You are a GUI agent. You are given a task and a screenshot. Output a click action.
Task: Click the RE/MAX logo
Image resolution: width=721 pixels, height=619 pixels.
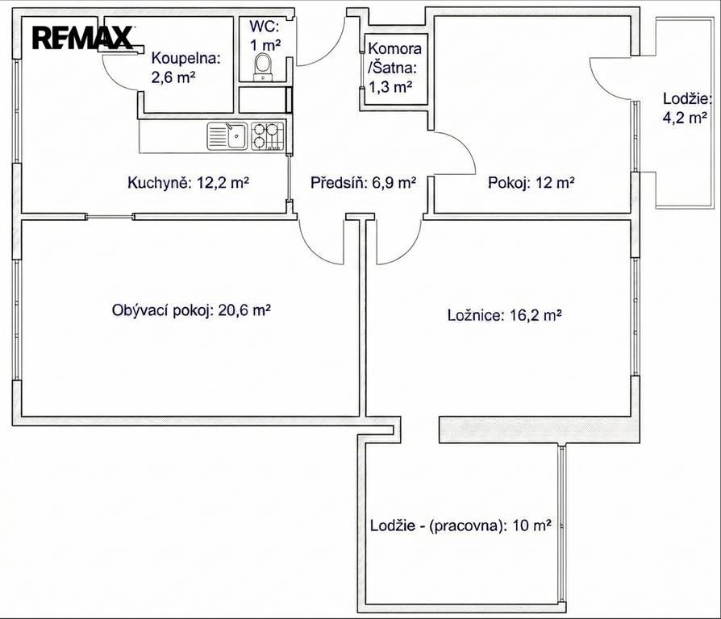coord(83,38)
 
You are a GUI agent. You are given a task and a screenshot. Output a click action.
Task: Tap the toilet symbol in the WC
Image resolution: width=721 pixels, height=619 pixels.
coord(263,67)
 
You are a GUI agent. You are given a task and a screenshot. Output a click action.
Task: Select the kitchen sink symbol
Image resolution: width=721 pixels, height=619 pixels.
coord(227,136)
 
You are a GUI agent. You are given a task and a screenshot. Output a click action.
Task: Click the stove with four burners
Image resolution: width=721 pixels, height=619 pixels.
coord(267,136)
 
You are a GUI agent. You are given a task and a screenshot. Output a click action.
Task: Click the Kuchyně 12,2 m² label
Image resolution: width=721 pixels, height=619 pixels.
coord(189,183)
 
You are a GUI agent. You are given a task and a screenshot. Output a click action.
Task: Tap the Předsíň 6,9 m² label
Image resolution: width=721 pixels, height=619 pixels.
coord(363,183)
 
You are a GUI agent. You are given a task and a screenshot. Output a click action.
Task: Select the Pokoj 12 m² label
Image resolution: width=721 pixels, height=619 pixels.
coord(531,183)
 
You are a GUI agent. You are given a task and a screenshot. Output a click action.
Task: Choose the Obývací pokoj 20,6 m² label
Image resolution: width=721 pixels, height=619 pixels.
coord(191,310)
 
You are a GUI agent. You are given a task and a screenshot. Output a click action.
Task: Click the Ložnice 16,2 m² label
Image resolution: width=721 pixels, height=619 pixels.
coord(504,315)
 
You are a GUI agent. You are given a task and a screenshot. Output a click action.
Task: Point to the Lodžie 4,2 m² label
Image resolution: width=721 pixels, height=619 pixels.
coord(687,109)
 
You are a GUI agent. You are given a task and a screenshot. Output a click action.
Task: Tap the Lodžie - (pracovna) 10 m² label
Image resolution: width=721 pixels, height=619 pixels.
coord(461,525)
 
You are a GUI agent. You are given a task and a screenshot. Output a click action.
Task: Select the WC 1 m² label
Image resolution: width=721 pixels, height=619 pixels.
coord(265,35)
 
